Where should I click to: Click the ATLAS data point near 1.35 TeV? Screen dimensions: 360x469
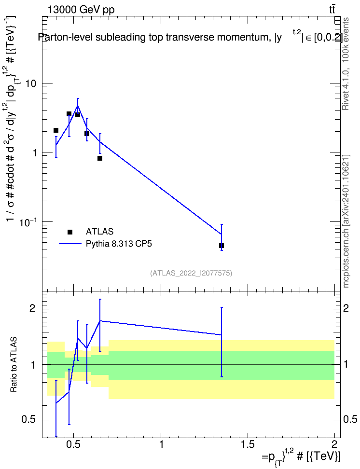222,246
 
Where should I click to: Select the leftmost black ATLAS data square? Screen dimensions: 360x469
56,130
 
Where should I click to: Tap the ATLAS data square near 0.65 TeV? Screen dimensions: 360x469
100,158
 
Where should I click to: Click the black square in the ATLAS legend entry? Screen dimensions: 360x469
70,232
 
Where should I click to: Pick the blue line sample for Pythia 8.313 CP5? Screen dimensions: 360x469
70,244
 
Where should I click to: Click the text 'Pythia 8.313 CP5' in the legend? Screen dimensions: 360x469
119,244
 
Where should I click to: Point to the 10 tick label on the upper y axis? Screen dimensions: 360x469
31,83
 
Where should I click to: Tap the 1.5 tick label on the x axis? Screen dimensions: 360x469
248,444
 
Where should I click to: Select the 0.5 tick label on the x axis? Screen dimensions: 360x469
73,444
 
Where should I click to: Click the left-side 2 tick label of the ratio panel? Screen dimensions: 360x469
32,308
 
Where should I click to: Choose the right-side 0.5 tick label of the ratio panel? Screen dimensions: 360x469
350,419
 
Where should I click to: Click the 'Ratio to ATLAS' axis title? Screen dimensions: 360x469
14,365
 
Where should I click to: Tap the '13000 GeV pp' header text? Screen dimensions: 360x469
81,10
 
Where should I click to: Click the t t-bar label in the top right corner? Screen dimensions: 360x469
332,9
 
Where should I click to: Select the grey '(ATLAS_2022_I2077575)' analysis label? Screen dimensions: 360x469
191,273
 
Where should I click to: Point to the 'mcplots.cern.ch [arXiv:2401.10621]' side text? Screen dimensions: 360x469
346,221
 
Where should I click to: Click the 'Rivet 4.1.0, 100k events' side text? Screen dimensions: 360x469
346,64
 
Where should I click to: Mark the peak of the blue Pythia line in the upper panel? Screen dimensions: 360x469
78,106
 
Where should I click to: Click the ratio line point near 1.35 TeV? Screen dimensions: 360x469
222,335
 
